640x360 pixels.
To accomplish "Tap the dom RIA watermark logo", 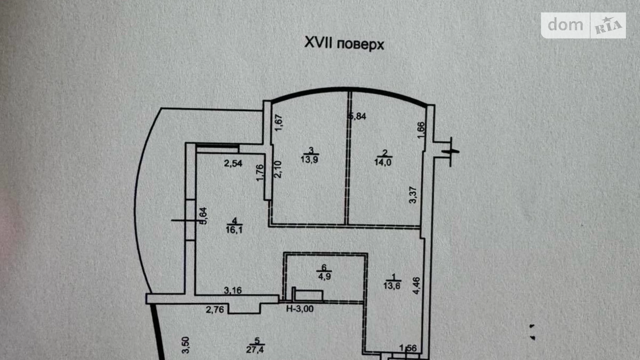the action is (x=583, y=25).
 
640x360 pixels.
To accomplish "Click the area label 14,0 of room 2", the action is (x=383, y=162).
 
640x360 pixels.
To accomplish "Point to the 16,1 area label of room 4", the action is (x=234, y=230).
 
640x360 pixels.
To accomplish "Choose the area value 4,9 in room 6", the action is (x=324, y=276).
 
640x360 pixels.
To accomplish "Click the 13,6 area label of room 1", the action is (x=392, y=286).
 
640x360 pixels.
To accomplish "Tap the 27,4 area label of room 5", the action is (x=255, y=349).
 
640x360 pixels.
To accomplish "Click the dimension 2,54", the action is (x=233, y=163).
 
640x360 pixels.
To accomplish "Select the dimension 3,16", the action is (x=233, y=290).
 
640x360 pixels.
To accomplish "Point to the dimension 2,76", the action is (x=215, y=309).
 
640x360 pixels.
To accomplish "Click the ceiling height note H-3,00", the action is (x=300, y=309).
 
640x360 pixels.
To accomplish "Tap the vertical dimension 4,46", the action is (x=417, y=286).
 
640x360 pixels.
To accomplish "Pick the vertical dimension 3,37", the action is (x=413, y=195).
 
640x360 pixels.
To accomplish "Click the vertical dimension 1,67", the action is (x=279, y=123).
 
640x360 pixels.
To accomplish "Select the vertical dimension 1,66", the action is (x=421, y=130).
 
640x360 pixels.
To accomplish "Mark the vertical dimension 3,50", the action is (x=186, y=345).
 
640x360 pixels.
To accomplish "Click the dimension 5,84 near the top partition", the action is (x=358, y=116).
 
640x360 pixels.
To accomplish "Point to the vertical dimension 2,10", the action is (x=278, y=169).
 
